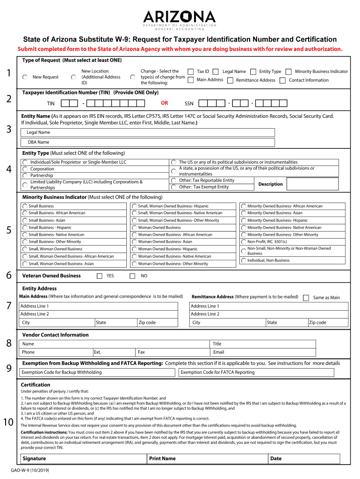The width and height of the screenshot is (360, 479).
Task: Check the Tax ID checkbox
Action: click(x=191, y=72)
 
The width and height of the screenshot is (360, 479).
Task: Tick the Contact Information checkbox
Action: click(x=282, y=80)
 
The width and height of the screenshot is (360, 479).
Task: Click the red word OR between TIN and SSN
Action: click(x=165, y=103)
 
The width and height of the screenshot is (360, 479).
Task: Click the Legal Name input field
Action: click(x=150, y=132)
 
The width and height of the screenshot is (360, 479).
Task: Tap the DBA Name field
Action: click(x=150, y=142)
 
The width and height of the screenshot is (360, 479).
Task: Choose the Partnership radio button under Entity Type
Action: click(x=25, y=175)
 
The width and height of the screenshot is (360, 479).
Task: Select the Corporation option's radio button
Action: click(x=25, y=169)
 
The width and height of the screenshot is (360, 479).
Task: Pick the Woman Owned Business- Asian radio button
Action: click(x=134, y=242)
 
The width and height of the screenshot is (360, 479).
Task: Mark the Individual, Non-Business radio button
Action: click(x=244, y=261)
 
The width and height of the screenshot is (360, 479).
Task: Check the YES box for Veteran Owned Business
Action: click(x=99, y=276)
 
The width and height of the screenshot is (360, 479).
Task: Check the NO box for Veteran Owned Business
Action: click(x=132, y=276)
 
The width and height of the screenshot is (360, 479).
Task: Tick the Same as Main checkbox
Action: click(x=306, y=298)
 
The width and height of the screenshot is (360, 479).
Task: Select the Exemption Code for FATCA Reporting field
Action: click(x=257, y=372)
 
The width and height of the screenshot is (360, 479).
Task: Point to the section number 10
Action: click(x=8, y=423)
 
